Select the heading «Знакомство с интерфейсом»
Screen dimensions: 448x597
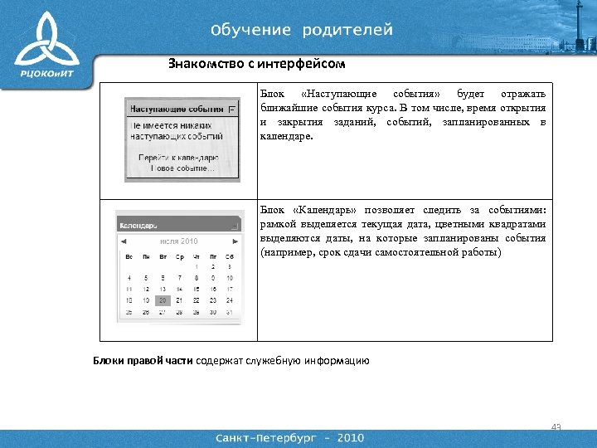(x=256, y=63)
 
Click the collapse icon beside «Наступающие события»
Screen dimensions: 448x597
(x=231, y=109)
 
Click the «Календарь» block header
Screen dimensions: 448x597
(x=139, y=224)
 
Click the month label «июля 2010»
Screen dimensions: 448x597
(x=179, y=241)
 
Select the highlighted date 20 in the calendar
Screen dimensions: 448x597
(x=163, y=299)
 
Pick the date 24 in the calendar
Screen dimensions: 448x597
(x=230, y=299)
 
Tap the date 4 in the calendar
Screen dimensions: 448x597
(x=129, y=278)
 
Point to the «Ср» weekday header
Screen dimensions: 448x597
(x=179, y=257)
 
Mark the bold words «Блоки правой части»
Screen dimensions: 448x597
(x=142, y=360)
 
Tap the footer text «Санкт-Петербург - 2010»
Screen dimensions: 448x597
(x=289, y=437)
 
